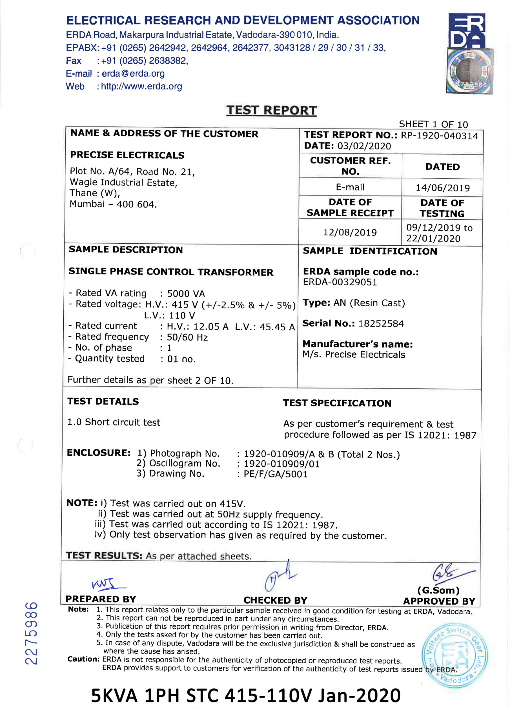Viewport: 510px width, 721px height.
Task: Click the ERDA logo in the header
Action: click(467, 30)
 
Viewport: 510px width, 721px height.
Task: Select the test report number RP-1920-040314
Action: click(439, 136)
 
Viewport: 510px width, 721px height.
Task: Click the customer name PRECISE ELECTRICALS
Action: click(127, 155)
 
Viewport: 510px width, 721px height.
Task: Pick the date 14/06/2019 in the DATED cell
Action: click(442, 188)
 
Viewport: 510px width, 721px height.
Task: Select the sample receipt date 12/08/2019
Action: click(350, 232)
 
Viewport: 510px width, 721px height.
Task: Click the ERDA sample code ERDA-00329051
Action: click(340, 282)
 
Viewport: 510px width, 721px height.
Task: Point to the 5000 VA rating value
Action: click(186, 294)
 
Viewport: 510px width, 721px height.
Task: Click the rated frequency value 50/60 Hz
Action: click(187, 337)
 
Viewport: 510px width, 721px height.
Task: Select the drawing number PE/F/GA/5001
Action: click(276, 474)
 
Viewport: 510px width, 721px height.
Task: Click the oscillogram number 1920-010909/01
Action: click(281, 464)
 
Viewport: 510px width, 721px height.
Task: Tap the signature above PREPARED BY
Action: click(108, 584)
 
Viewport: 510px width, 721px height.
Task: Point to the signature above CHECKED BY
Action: click(280, 576)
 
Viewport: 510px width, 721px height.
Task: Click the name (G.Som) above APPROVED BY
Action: click(438, 590)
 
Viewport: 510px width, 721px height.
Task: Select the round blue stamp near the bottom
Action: click(454, 655)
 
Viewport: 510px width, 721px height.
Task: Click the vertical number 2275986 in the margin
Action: click(32, 633)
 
